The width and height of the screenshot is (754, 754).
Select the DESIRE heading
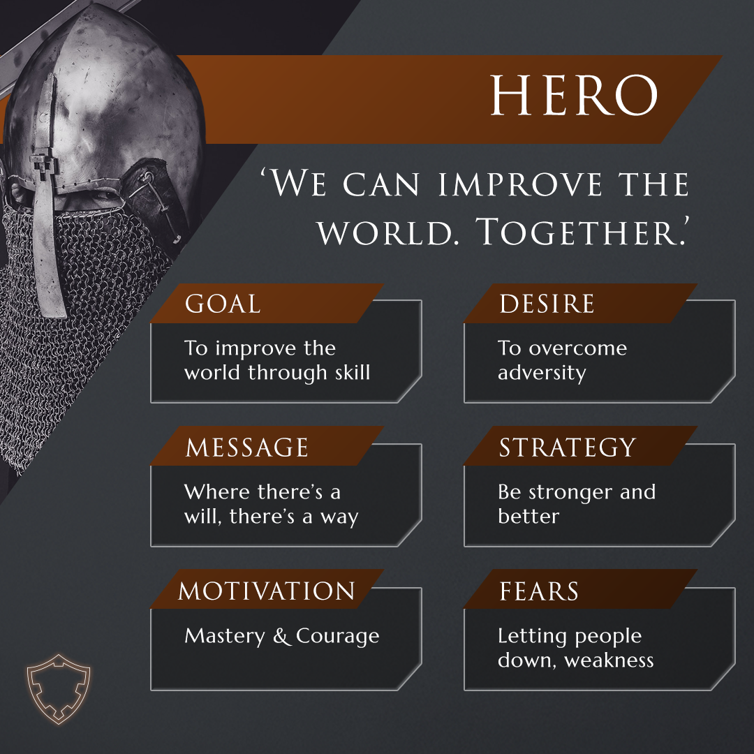[547, 304]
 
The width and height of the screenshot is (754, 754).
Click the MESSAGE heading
[246, 448]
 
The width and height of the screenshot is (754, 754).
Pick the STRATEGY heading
[567, 448]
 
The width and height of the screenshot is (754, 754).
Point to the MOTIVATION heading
[267, 591]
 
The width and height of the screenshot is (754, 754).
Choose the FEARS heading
[539, 591]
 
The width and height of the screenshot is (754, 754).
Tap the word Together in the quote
[584, 232]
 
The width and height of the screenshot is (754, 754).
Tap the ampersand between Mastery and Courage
[283, 636]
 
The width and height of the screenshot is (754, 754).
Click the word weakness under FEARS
[609, 660]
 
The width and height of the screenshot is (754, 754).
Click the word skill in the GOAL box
[352, 372]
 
